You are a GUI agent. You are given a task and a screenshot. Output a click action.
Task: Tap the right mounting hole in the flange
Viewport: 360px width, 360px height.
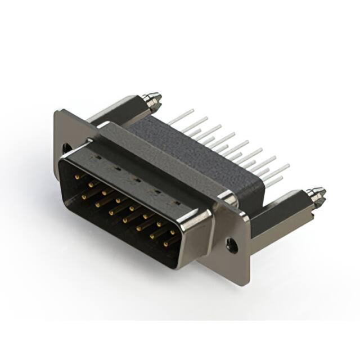230,244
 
